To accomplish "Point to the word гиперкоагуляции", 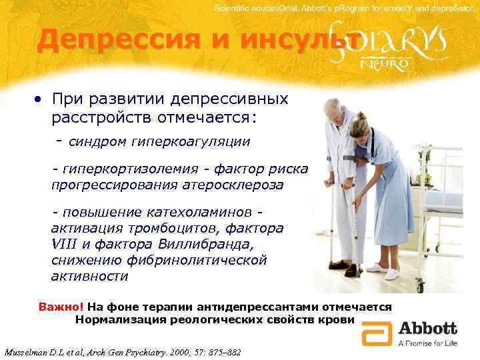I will (195, 141).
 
